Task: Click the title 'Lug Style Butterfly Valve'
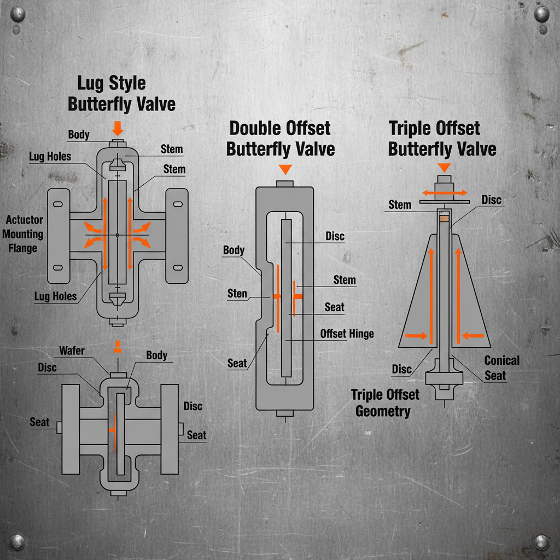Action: click(121, 94)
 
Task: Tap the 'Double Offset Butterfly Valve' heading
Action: click(280, 139)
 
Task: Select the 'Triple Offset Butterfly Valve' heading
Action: click(442, 139)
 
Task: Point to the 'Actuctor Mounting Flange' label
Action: click(24, 234)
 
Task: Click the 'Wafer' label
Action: click(72, 350)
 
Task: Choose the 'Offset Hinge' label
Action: click(347, 334)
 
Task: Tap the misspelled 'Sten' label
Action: click(237, 294)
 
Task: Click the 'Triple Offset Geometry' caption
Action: click(385, 403)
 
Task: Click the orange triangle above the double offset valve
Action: click(285, 169)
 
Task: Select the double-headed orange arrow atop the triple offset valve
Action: click(445, 193)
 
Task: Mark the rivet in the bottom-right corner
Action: click(541, 541)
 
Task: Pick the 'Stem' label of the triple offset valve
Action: click(400, 205)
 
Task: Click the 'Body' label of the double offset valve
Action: click(234, 250)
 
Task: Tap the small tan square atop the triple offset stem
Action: click(445, 218)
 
